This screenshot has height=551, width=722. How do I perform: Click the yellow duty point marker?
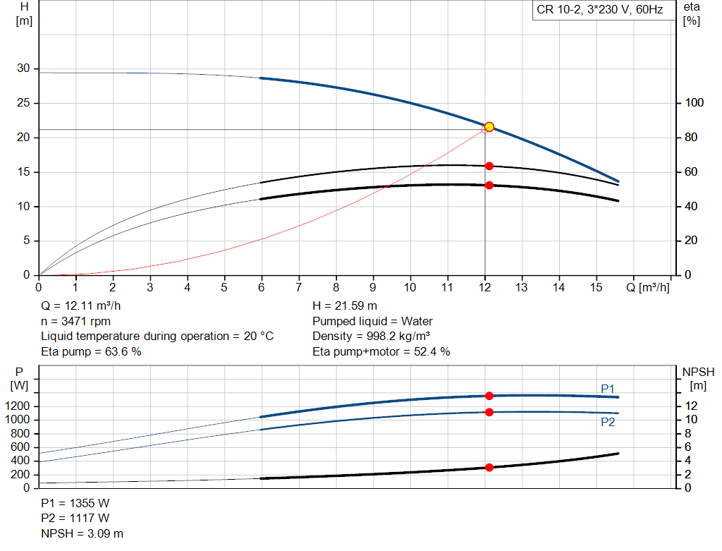pos(489,127)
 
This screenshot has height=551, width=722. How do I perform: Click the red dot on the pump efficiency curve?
pos(489,166)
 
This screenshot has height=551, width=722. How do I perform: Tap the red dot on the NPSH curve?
pos(489,467)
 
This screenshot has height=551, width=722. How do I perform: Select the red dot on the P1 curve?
pos(489,396)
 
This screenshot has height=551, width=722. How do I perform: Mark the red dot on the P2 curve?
pos(489,412)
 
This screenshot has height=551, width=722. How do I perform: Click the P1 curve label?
pos(608,389)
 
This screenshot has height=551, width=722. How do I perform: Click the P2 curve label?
pos(608,422)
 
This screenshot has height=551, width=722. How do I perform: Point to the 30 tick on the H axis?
pos(23,68)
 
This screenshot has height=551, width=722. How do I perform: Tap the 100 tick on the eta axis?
pos(694,103)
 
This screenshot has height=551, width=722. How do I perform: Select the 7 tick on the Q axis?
pos(299,287)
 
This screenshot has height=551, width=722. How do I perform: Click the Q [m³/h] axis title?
pos(647,287)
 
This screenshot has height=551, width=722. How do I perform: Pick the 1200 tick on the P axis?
pos(18,406)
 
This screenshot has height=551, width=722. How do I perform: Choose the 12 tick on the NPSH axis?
pos(691,406)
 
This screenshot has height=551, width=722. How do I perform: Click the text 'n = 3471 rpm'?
pos(76,321)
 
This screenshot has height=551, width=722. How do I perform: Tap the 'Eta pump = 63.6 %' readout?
pos(91,351)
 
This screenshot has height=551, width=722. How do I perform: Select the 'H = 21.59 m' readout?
pos(345,305)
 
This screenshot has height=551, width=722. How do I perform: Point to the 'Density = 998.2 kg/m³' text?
pos(371,337)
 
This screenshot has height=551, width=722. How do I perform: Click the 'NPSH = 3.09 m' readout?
pos(82,533)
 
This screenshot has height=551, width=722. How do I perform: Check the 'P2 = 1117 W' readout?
pos(75,519)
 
